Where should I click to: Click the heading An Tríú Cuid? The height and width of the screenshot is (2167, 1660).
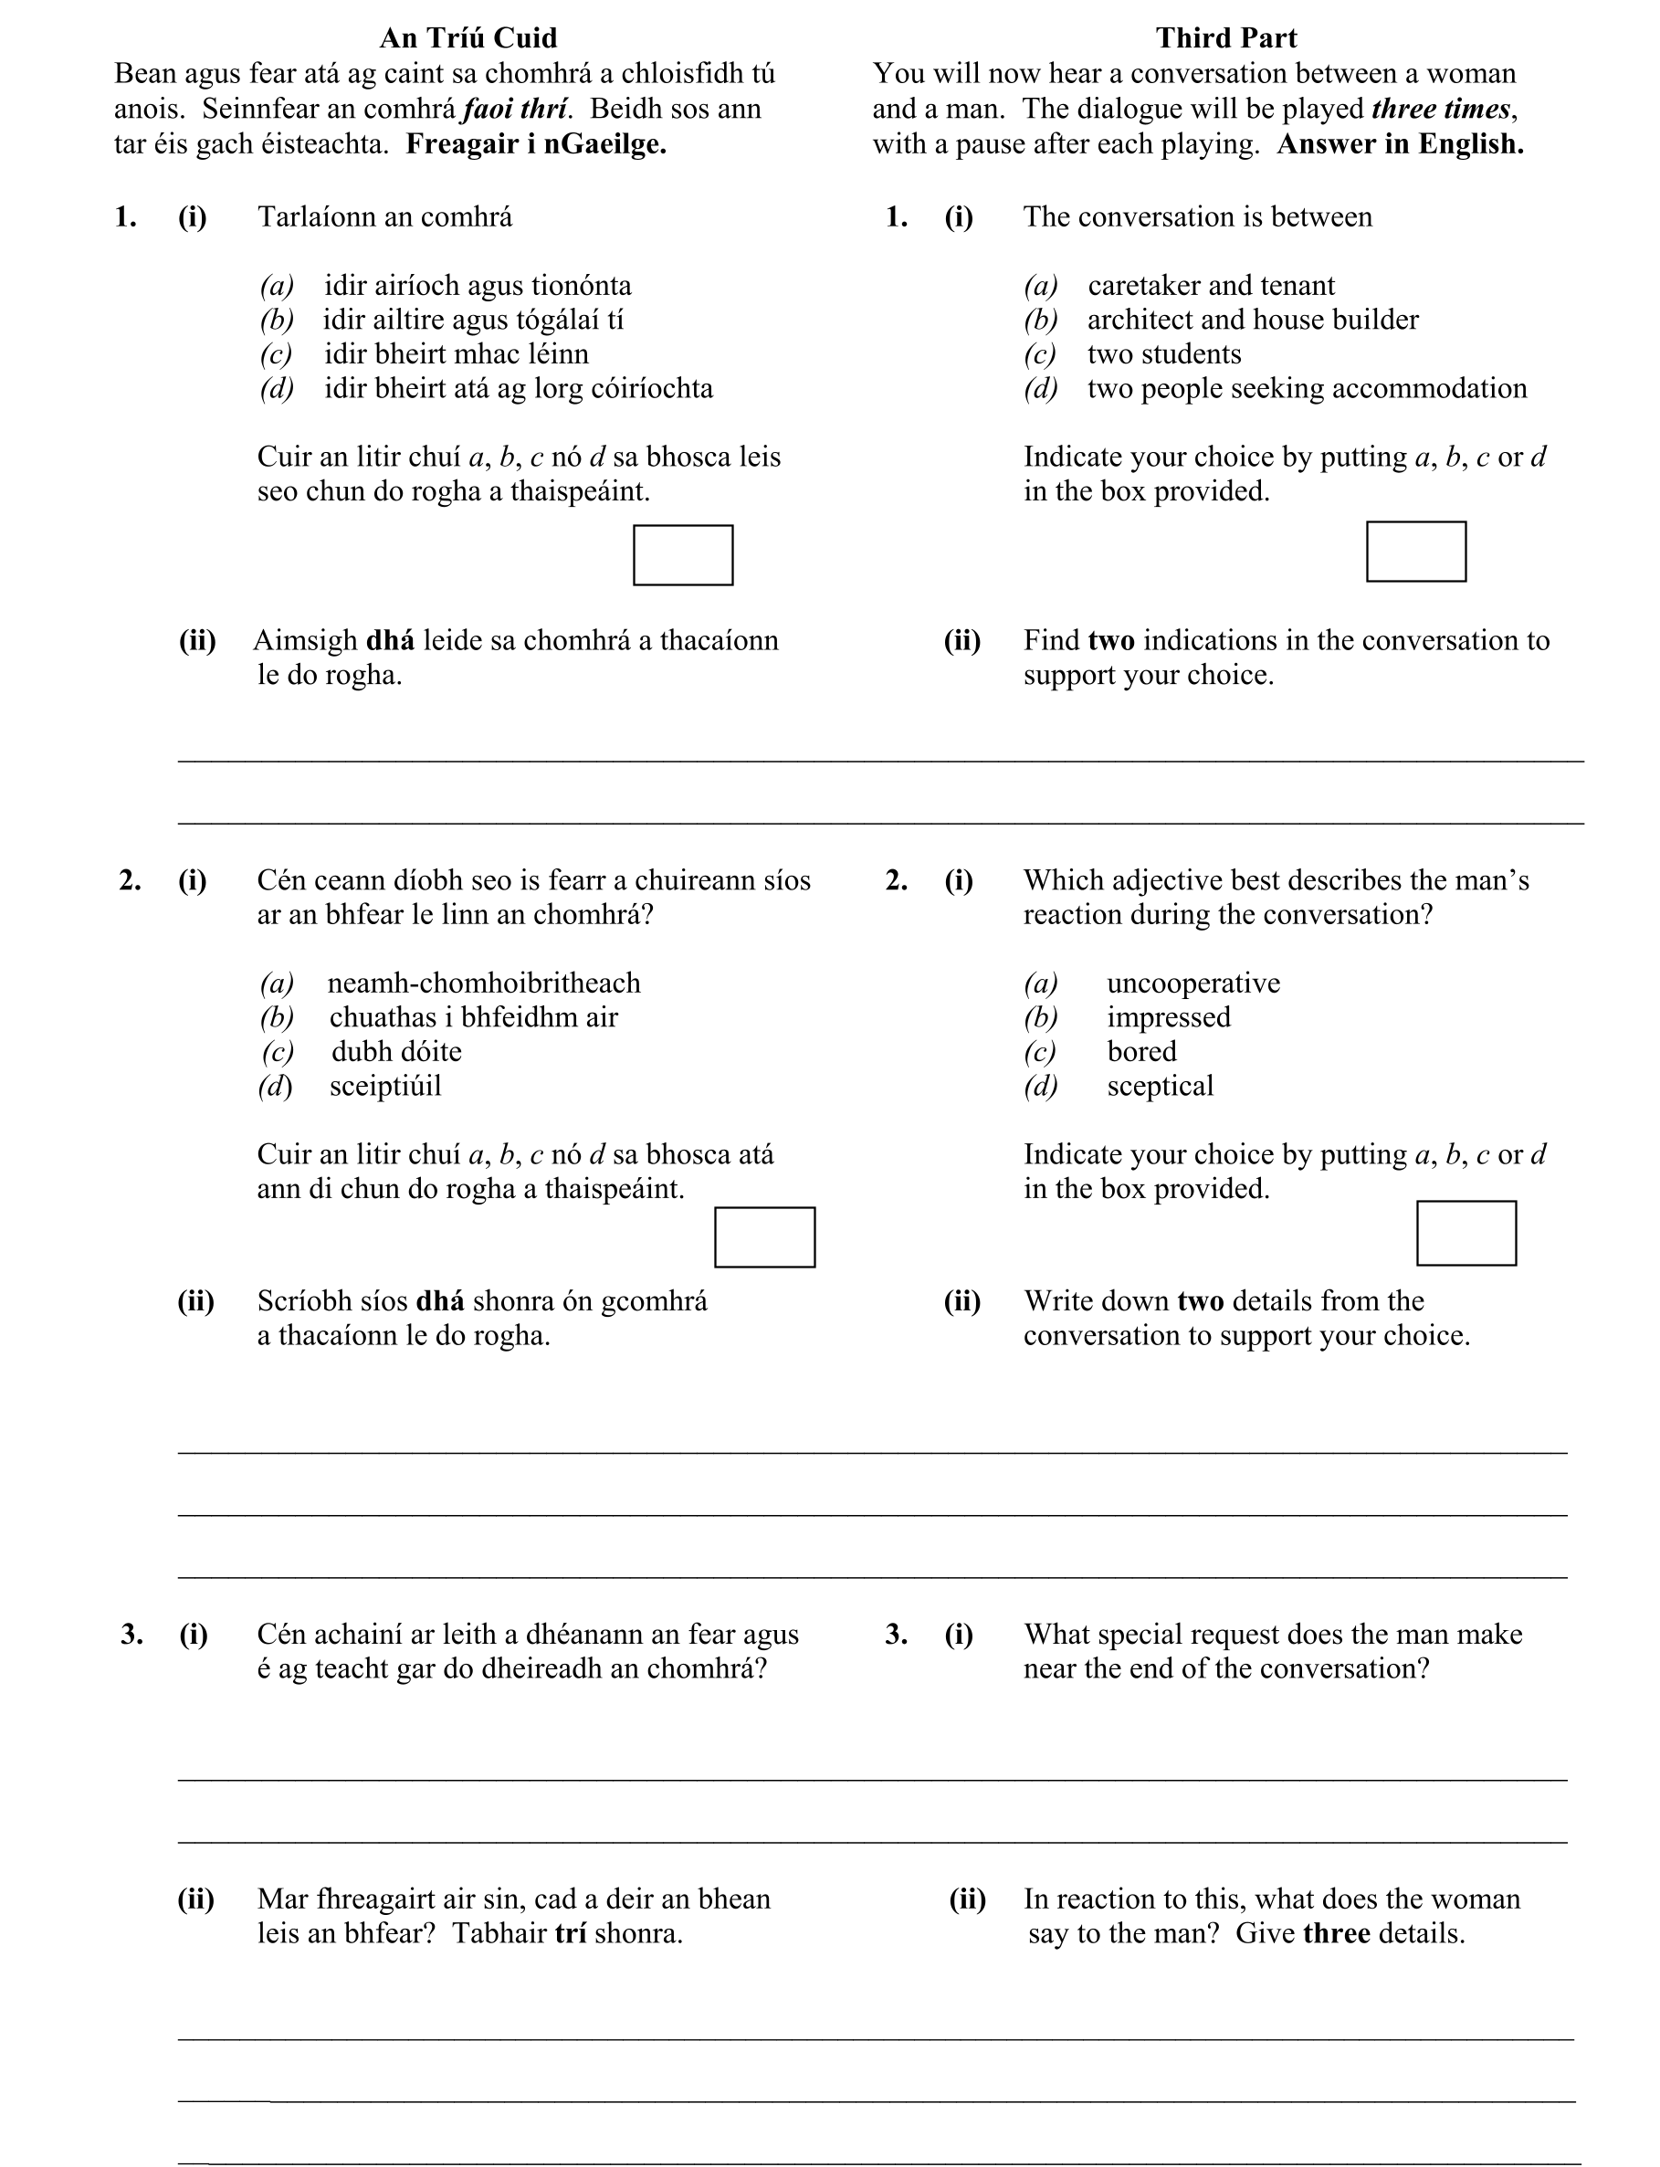point(468,37)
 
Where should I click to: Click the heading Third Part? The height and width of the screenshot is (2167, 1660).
point(1225,37)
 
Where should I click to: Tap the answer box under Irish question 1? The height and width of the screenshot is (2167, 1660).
point(683,555)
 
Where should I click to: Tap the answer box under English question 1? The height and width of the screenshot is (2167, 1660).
point(1415,552)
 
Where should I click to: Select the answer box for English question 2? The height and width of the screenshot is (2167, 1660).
point(1466,1233)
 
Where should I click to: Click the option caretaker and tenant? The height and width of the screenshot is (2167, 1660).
point(1211,286)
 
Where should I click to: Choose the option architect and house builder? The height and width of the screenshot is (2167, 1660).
point(1252,320)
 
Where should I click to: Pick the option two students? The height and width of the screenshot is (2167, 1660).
point(1164,353)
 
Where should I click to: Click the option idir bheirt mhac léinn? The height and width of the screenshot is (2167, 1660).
point(456,353)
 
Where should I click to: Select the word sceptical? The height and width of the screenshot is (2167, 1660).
point(1159,1086)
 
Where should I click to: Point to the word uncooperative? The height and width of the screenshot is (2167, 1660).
point(1192,984)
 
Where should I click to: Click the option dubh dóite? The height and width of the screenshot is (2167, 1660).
point(396,1051)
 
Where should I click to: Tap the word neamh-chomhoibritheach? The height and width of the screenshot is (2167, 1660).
point(483,984)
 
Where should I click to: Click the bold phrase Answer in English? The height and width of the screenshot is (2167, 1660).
point(1399,144)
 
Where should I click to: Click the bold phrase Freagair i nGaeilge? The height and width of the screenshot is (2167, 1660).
point(536,144)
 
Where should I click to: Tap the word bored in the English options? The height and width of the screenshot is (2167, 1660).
point(1141,1051)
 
